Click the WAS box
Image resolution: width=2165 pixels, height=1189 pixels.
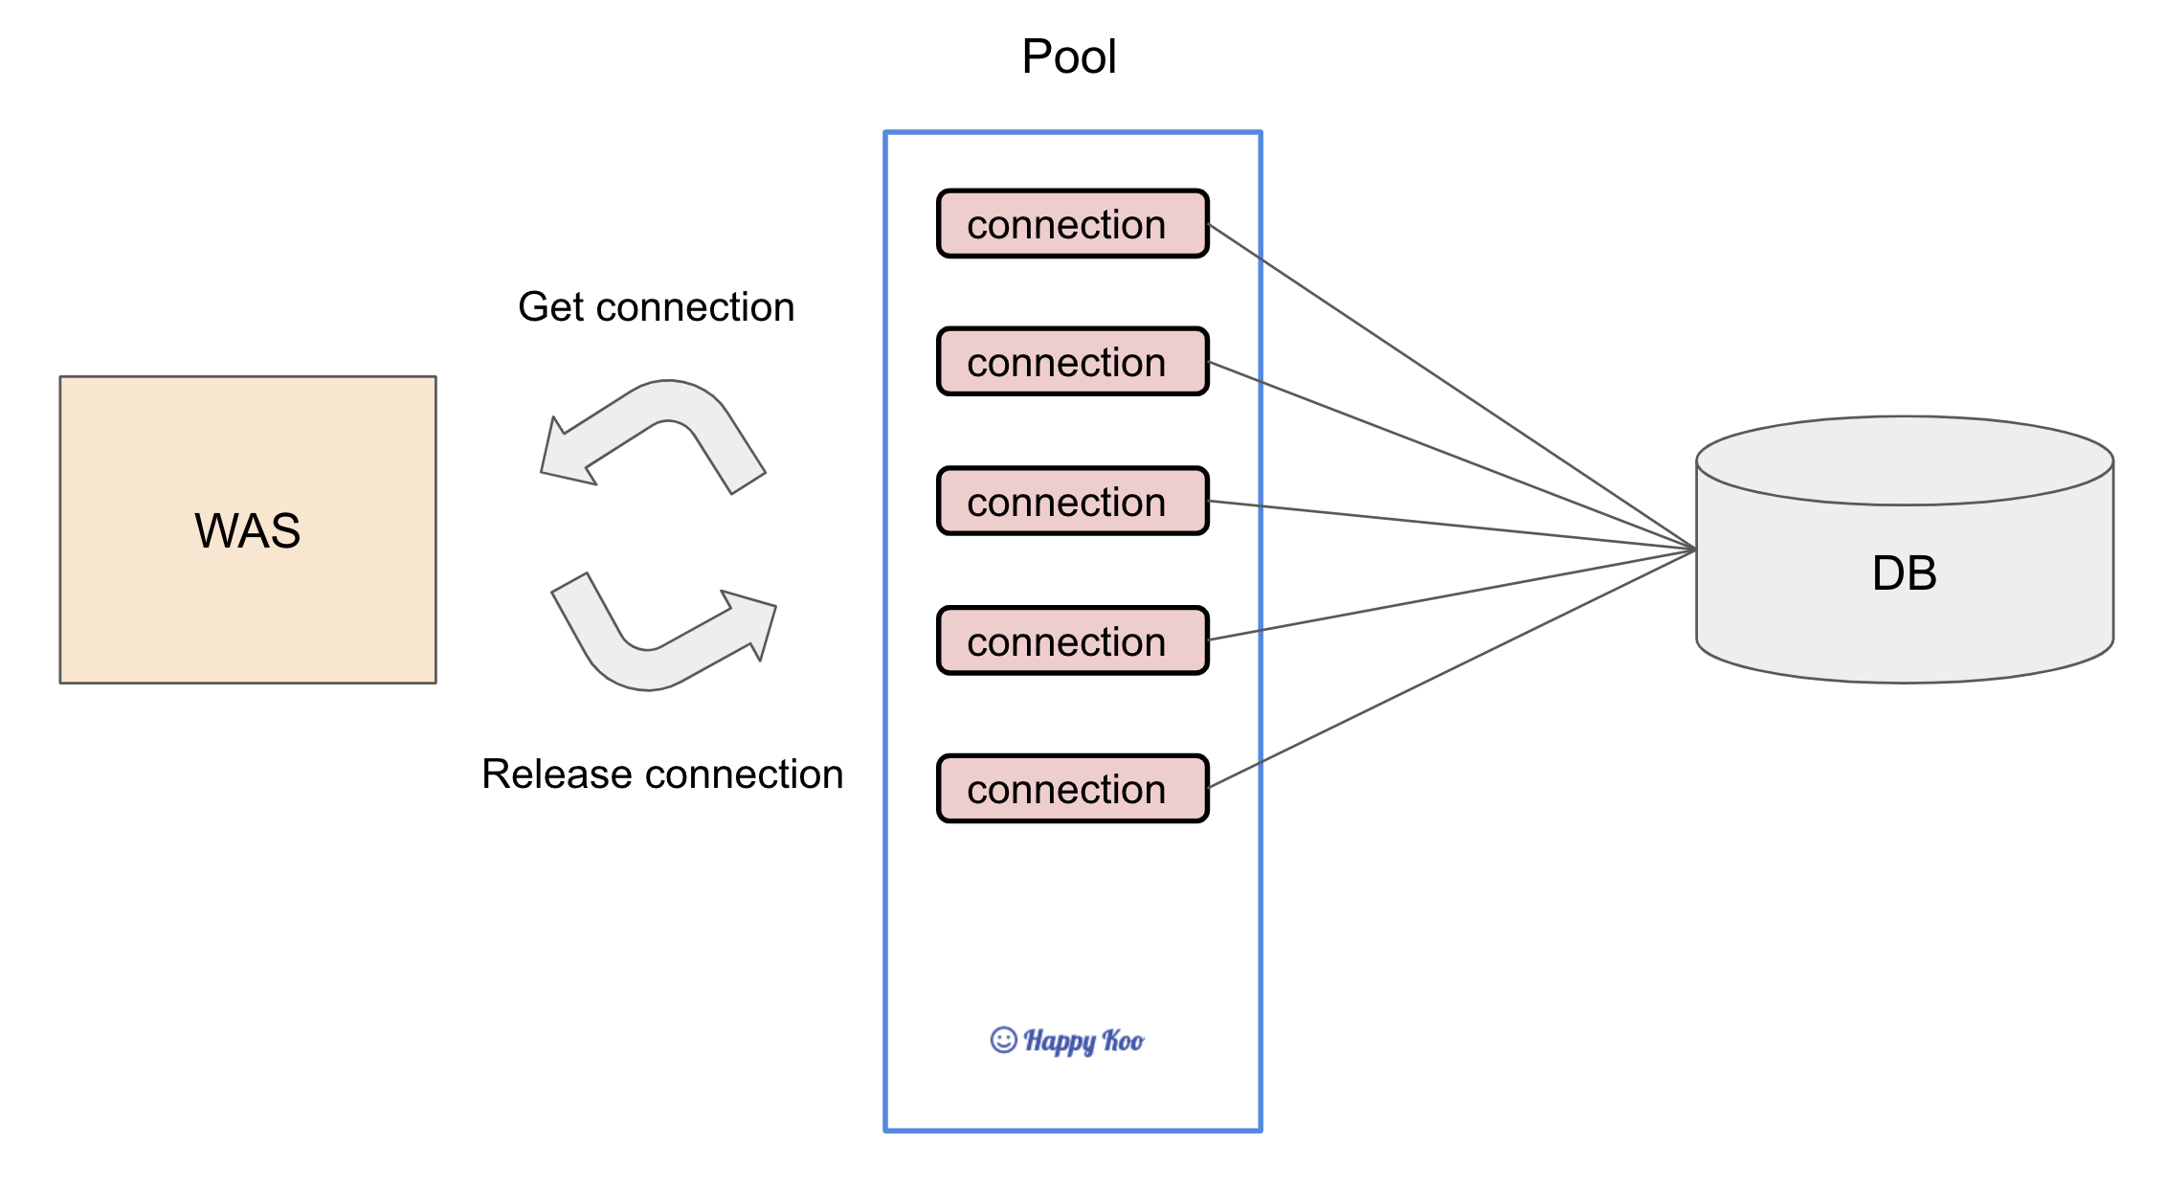click(248, 529)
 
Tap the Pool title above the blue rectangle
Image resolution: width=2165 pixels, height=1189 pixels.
click(1069, 56)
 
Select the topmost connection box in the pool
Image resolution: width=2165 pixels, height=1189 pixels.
click(1073, 224)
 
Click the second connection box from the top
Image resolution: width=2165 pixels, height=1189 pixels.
click(1073, 362)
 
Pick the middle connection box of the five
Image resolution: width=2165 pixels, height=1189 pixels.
click(1073, 501)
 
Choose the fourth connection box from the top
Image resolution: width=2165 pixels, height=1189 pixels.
click(1073, 640)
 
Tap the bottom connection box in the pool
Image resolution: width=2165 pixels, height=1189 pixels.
click(1073, 789)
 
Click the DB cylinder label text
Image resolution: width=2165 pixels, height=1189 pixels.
click(1905, 573)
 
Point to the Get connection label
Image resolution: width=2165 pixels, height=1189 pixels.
click(657, 307)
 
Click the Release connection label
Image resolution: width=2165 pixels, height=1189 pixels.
click(662, 774)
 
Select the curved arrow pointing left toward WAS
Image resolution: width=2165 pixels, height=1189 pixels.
click(653, 437)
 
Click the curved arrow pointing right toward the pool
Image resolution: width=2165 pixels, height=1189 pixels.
click(663, 632)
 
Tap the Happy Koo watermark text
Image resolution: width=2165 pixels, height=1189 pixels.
click(1083, 1041)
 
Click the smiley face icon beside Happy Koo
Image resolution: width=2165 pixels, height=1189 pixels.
click(1003, 1040)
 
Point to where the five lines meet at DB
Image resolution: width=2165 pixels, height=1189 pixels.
click(1696, 550)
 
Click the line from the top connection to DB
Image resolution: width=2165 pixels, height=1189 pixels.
click(1453, 387)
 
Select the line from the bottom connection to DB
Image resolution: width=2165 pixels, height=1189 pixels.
click(1453, 668)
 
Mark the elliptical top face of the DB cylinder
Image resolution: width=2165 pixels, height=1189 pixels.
click(1905, 460)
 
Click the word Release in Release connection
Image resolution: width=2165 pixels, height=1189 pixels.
click(557, 774)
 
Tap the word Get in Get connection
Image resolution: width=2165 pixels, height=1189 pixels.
click(551, 307)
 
